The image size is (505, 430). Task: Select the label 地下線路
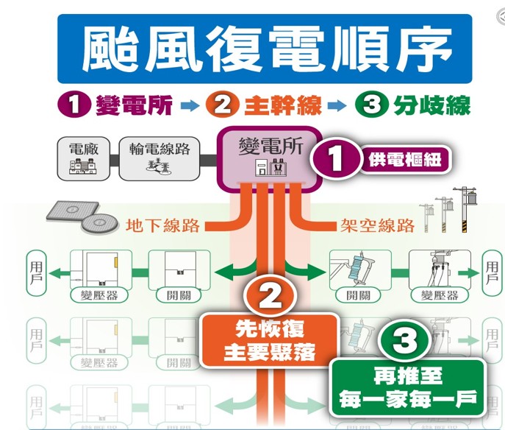[162, 225]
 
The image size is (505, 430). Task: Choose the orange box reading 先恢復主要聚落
[269, 341]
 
